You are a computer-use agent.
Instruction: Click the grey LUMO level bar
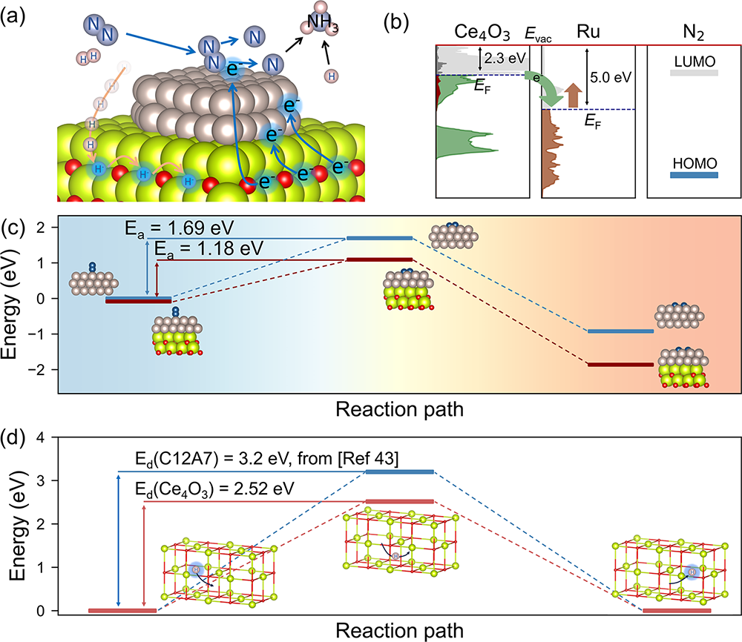694,73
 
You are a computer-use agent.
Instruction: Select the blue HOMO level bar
694,176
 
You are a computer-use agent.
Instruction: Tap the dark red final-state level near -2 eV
620,365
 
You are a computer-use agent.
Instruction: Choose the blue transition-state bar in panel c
380,238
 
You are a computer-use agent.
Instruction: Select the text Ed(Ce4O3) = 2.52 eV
215,489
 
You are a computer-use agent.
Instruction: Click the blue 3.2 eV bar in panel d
400,471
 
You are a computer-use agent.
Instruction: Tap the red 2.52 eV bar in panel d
400,501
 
